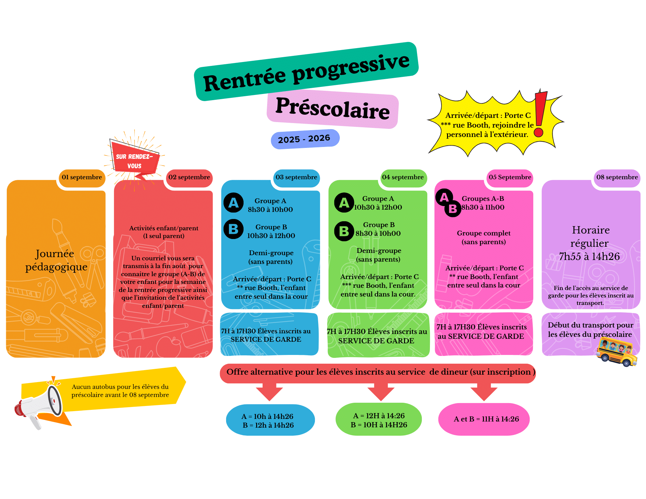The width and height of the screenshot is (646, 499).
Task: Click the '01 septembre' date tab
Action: point(82,177)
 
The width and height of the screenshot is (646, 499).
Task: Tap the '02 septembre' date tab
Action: point(189,177)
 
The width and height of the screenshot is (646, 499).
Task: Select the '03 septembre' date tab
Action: point(297,177)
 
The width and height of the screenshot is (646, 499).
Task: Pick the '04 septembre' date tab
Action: point(403,177)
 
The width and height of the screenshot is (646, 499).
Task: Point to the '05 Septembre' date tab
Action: point(510,177)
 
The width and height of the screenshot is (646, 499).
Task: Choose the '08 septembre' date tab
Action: point(617,177)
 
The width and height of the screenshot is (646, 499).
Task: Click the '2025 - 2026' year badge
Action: point(305,139)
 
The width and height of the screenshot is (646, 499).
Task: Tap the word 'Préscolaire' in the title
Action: point(333,109)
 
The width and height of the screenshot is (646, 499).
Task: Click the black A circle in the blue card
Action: point(234,203)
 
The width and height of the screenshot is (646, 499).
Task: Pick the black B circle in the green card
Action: point(344,231)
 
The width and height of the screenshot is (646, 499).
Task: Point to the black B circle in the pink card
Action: point(453,209)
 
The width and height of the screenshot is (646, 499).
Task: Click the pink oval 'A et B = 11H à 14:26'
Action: point(484,419)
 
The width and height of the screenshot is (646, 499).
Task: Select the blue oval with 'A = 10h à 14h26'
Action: point(270,420)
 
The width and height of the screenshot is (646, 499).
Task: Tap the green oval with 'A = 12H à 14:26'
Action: point(379,419)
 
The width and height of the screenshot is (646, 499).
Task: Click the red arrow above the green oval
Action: point(381,392)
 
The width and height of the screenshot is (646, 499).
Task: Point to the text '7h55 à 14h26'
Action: point(589,256)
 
